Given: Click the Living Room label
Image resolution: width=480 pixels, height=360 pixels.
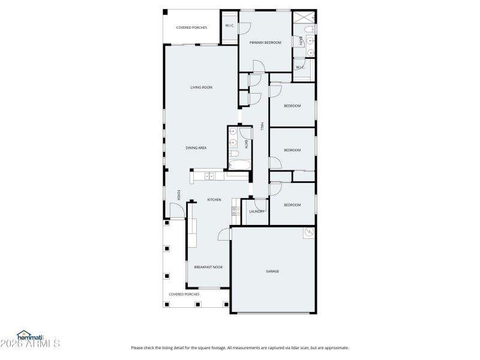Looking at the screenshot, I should (x=202, y=88).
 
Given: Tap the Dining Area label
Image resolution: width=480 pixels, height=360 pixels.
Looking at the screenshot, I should (x=196, y=147).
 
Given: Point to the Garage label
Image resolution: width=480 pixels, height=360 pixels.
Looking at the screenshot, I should (x=272, y=271).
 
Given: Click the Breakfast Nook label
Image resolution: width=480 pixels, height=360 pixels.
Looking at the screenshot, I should (x=208, y=267).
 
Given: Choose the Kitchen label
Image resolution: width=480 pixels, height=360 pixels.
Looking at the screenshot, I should (x=214, y=199).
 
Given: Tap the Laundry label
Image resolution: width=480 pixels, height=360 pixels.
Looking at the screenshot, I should (x=257, y=211).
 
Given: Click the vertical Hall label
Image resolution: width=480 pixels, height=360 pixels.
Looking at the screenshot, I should (x=262, y=126).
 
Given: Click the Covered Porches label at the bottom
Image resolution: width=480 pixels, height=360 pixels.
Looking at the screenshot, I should (x=184, y=294).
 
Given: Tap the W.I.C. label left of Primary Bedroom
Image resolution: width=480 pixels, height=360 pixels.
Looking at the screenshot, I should (x=230, y=25).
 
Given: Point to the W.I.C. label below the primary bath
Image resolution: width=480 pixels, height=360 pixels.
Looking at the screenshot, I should (x=300, y=67).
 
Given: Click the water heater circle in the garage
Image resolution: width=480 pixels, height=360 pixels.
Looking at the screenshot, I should (x=310, y=232).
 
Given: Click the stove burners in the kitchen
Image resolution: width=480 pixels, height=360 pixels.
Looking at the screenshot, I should (x=235, y=211).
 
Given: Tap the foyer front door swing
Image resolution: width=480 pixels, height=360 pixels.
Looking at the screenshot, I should (x=176, y=211).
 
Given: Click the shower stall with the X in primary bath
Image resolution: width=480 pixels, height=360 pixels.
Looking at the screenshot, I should (x=304, y=16).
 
